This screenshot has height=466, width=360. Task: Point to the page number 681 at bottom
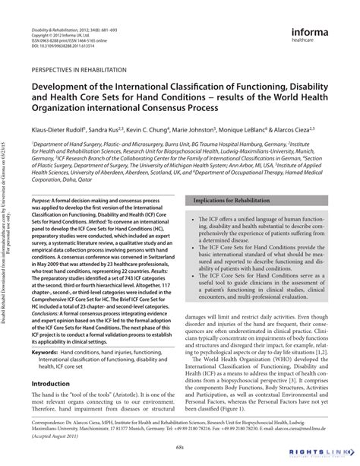coord(180,446)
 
